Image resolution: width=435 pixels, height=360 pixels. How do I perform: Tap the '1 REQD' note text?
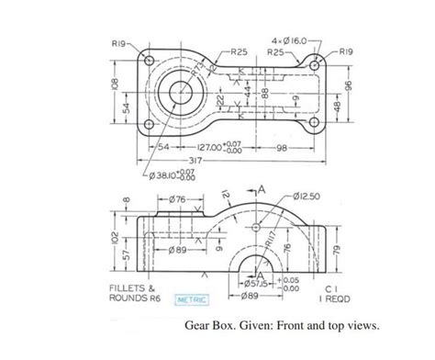click(x=327, y=298)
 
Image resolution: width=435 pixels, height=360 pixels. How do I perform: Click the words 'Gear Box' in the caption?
click(x=208, y=324)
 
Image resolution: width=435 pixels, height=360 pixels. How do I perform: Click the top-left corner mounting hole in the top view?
click(x=149, y=62)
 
